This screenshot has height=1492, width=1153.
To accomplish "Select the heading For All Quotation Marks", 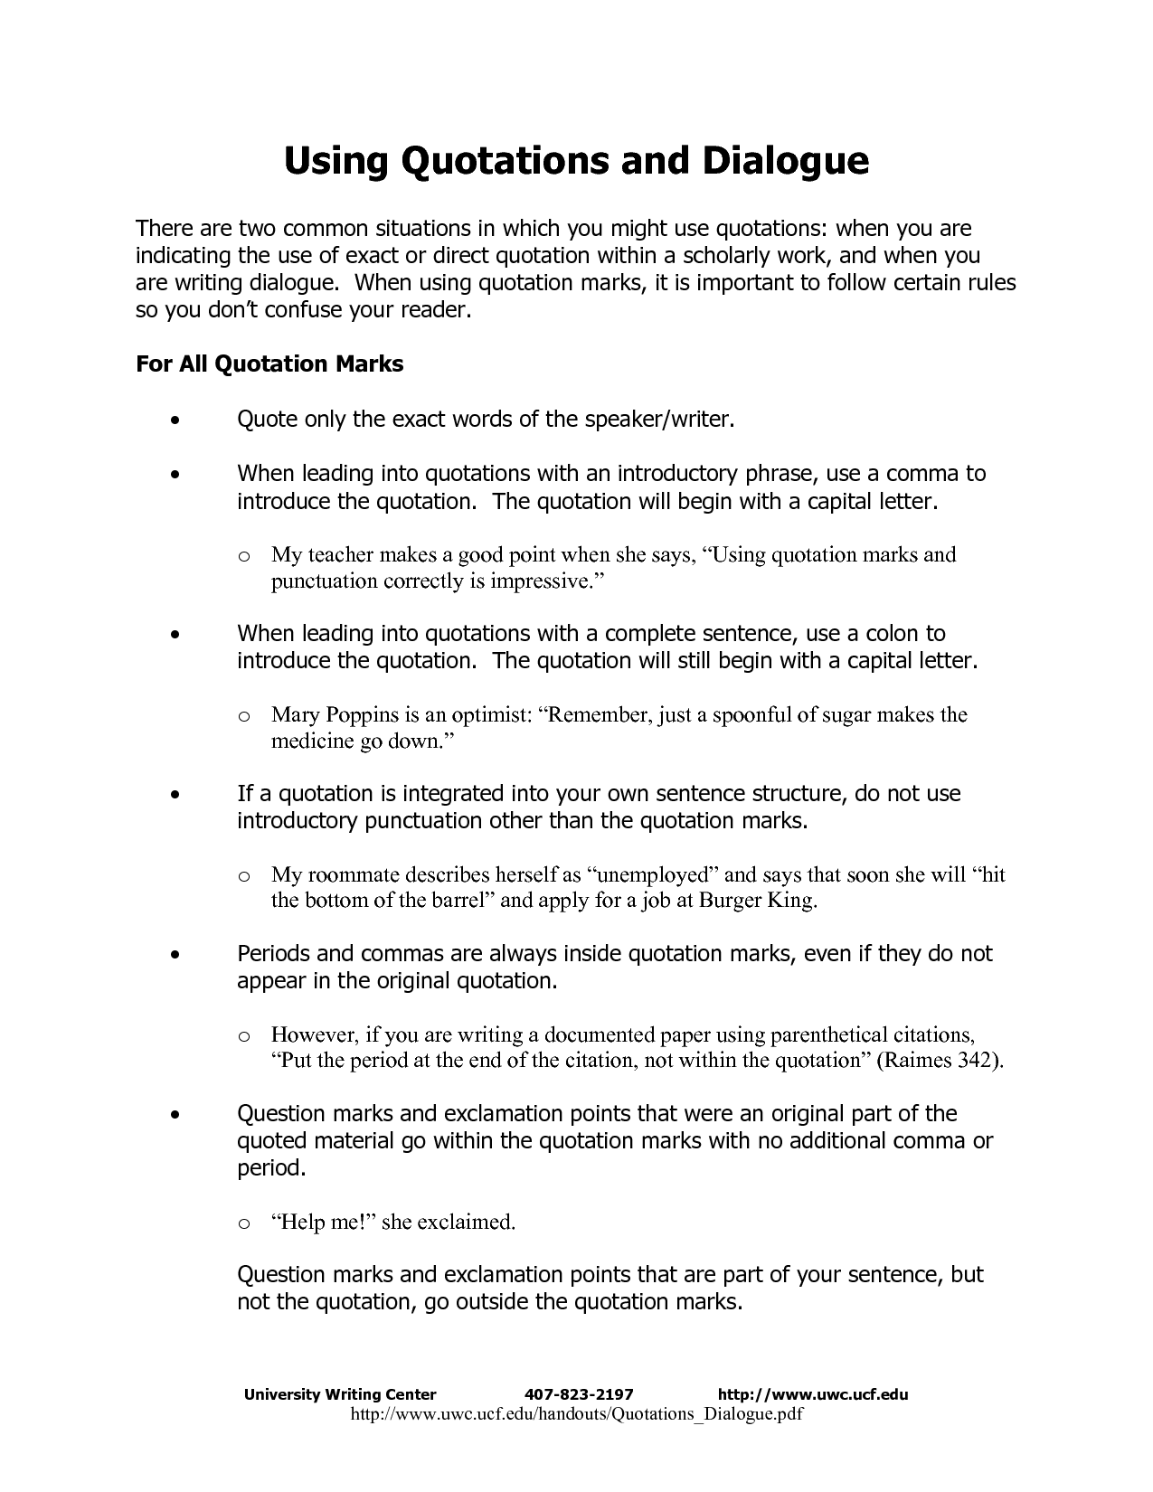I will click(269, 364).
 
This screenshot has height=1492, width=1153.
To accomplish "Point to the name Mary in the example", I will click(295, 715).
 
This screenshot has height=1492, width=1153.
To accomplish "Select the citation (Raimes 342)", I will click(940, 1061).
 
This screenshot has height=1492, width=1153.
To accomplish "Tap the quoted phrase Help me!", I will click(323, 1223).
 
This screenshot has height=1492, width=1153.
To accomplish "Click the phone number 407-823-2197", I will click(579, 1393).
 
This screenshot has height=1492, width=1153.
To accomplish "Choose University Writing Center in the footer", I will click(340, 1393).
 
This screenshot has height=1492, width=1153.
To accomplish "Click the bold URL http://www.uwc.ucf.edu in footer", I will click(812, 1393).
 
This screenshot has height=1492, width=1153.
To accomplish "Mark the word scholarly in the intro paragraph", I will click(735, 256).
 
